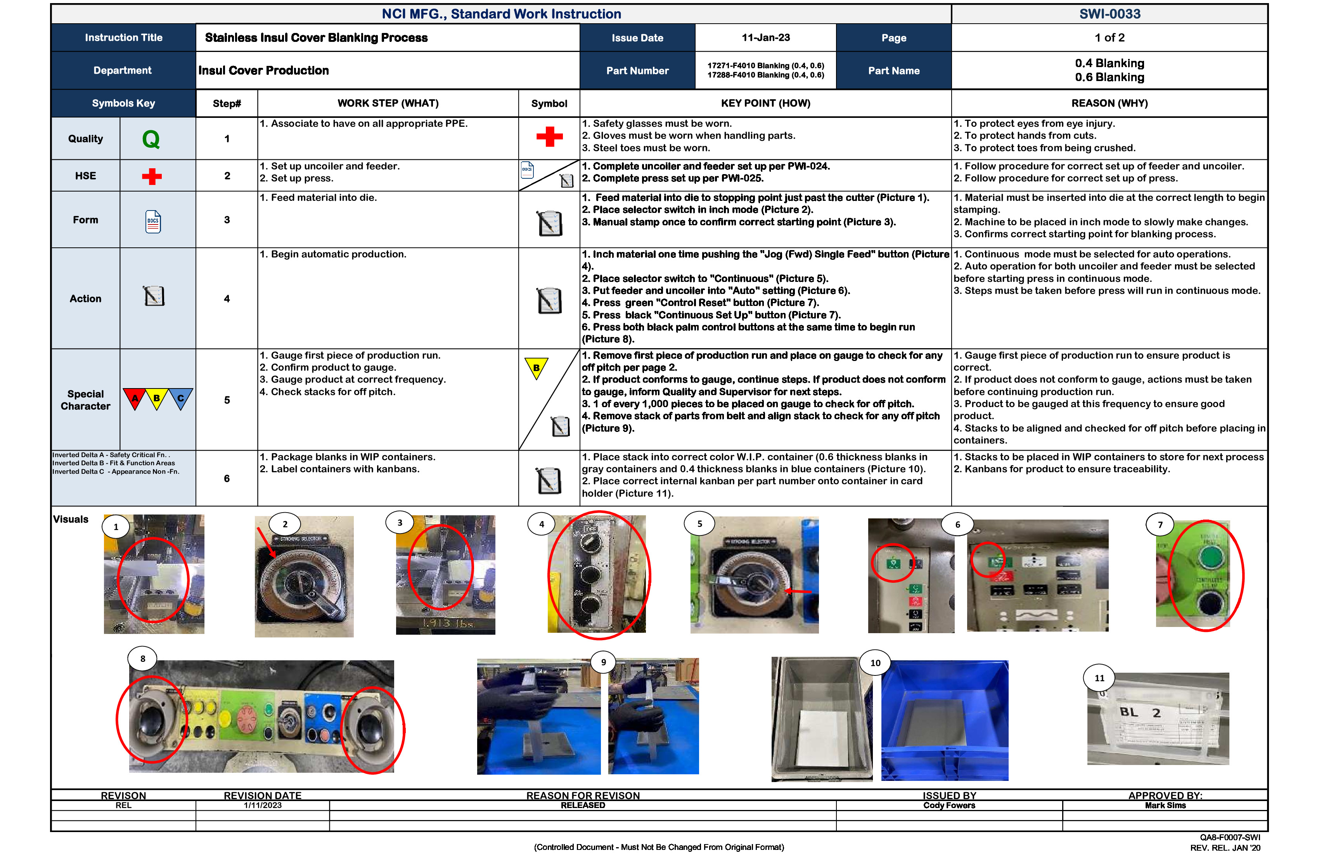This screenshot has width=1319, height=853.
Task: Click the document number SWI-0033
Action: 1109,14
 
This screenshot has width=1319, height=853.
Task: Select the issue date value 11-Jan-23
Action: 765,38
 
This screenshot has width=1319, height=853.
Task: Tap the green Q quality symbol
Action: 151,139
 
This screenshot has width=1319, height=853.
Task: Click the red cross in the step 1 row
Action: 549,136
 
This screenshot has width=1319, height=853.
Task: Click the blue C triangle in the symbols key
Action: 181,398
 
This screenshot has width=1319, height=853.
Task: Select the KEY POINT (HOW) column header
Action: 765,103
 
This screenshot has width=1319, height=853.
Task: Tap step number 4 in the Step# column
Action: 227,299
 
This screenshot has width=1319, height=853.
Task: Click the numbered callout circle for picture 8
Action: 143,659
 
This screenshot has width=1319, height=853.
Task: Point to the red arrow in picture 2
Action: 266,542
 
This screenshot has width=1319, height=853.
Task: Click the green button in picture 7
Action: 1212,556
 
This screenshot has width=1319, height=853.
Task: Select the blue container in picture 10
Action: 944,720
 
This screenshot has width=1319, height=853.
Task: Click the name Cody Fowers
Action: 949,805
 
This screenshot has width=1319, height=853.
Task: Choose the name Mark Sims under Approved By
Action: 1165,805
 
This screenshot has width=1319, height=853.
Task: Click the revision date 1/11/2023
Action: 263,805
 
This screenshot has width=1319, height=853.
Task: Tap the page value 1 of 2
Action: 1109,38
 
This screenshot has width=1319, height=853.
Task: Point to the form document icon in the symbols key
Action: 153,221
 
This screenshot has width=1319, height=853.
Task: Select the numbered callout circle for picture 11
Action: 1099,678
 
